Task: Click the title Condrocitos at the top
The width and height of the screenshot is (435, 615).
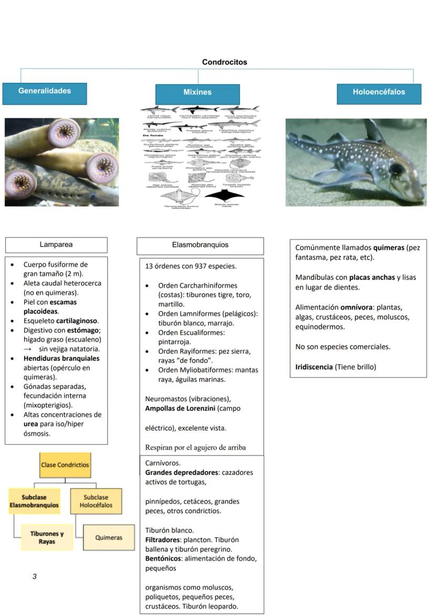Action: (224, 62)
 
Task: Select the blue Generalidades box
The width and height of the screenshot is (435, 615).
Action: (45, 91)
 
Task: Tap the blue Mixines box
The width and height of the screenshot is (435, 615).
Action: (198, 92)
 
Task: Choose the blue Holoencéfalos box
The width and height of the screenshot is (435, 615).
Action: (379, 92)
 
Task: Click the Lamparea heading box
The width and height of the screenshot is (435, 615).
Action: (56, 245)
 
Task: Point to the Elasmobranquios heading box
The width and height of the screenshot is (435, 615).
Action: (200, 245)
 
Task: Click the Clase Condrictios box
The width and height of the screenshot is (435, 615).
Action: (65, 465)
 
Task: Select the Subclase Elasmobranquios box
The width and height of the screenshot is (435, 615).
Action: (33, 502)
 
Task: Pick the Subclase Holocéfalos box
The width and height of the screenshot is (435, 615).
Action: (96, 502)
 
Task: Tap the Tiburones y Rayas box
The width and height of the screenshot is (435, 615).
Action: (47, 537)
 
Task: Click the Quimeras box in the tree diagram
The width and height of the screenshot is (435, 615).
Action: (109, 537)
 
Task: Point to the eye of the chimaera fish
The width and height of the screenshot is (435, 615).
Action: (396, 169)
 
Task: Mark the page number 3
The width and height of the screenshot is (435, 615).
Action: (35, 577)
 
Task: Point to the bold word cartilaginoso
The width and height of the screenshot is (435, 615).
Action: (77, 320)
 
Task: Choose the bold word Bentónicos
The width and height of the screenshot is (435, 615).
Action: (164, 558)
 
